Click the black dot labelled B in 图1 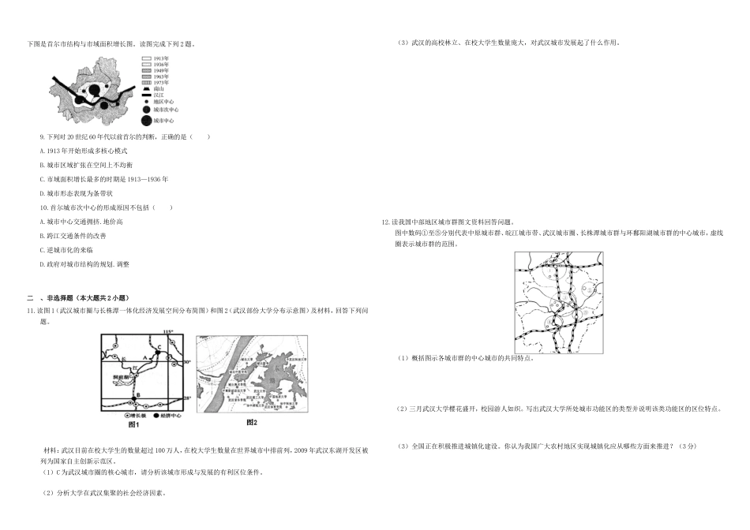[x=133, y=399]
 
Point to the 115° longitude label [x=167, y=331]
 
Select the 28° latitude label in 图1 [x=188, y=399]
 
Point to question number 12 [x=385, y=223]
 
